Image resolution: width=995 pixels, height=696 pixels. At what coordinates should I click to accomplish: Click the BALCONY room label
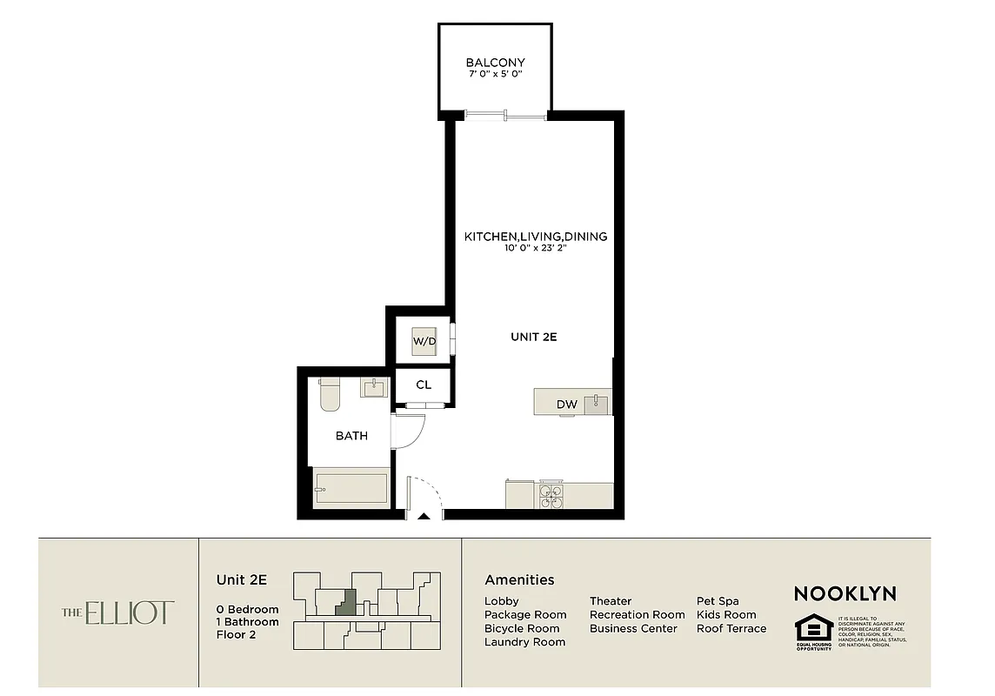(x=495, y=63)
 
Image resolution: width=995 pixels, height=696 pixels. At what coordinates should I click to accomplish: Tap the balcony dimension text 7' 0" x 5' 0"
(x=495, y=75)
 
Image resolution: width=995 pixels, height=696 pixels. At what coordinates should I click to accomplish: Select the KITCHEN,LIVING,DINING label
(x=535, y=237)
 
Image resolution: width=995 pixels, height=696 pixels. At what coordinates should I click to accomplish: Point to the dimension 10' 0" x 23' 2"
(x=535, y=249)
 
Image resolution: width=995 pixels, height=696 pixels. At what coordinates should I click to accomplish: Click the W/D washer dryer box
(x=424, y=340)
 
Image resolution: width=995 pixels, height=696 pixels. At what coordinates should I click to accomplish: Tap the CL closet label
(x=424, y=385)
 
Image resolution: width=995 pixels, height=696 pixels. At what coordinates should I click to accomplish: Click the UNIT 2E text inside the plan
(x=533, y=337)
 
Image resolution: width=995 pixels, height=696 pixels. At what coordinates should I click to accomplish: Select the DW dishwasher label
(x=566, y=405)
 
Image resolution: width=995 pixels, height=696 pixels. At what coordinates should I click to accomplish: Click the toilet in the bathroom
(x=329, y=394)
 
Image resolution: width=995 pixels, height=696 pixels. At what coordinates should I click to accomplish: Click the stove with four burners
(x=551, y=495)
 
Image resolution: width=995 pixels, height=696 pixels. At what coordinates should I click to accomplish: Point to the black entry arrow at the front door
(x=424, y=518)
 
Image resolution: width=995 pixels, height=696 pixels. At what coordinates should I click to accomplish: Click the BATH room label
(x=351, y=436)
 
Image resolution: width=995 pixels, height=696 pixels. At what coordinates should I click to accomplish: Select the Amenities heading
(x=519, y=580)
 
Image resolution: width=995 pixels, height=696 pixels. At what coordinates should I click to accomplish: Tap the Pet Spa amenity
(x=718, y=601)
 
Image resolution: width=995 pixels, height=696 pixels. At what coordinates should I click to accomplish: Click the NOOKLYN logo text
(x=845, y=594)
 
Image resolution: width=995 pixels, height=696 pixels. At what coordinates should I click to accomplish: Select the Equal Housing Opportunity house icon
(x=813, y=627)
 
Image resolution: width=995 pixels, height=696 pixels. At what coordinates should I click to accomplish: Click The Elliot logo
(x=118, y=612)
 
